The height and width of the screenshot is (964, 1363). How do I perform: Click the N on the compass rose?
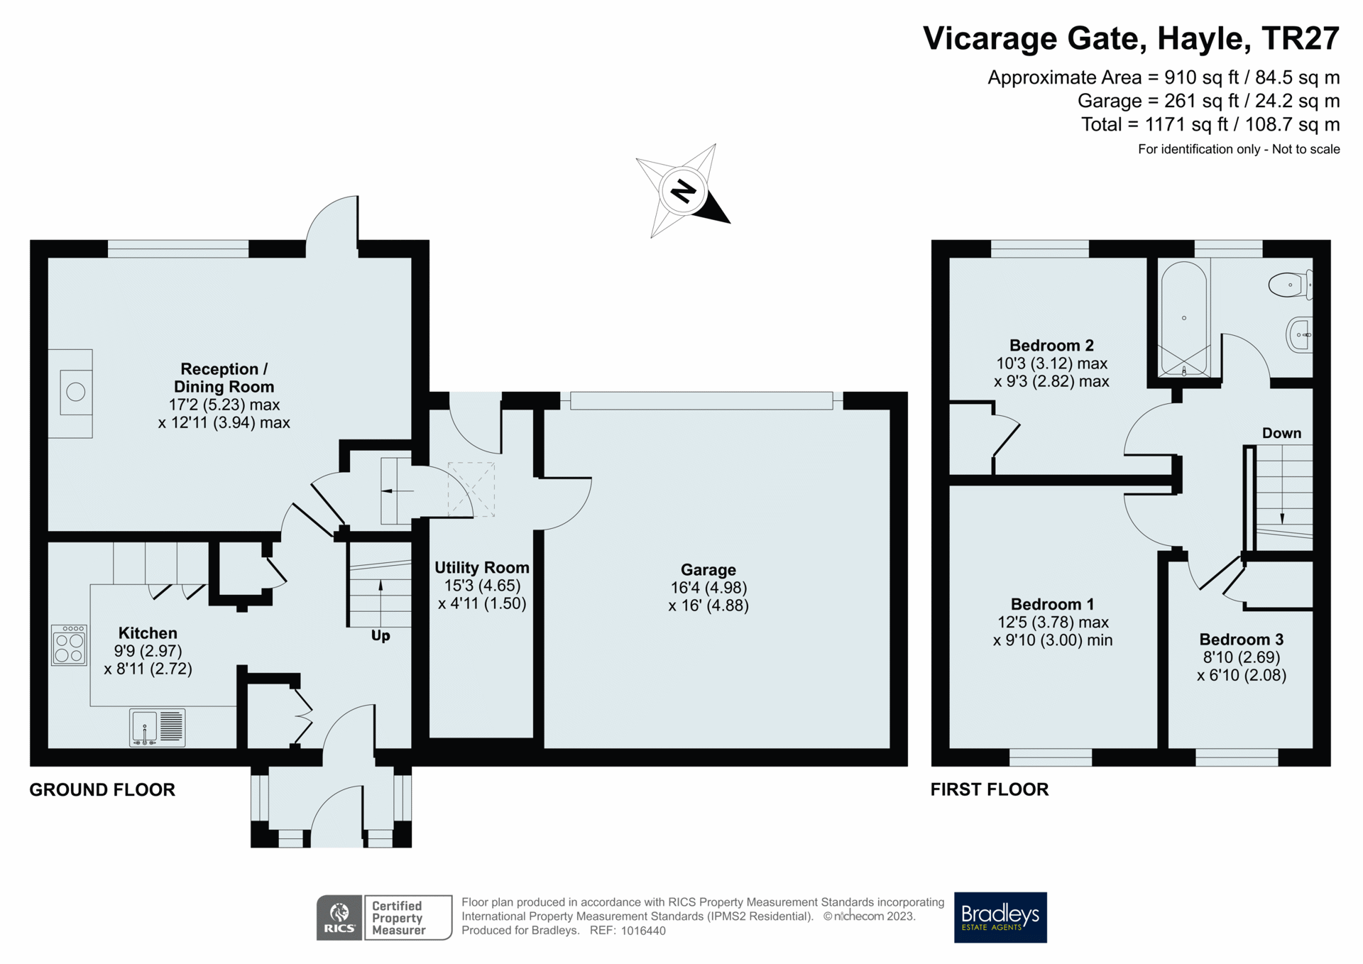tap(683, 191)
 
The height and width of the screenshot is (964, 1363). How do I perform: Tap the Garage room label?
tap(708, 569)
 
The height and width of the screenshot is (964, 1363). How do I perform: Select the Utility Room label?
tap(481, 567)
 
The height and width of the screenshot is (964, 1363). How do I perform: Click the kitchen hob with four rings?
tap(69, 645)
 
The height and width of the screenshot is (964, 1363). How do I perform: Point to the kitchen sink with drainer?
tap(157, 727)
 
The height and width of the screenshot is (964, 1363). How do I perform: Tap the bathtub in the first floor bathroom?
tap(1183, 318)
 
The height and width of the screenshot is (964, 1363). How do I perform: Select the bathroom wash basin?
tap(1300, 334)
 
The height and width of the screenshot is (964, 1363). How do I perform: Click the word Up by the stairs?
tap(381, 635)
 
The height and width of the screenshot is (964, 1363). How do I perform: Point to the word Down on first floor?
tap(1281, 433)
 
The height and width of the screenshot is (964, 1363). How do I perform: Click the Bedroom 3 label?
tap(1241, 639)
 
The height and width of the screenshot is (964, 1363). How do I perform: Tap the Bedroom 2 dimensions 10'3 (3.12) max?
tap(1051, 363)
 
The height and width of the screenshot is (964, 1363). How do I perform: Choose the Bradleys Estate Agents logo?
tap(1000, 917)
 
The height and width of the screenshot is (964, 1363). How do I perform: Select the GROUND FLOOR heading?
tap(102, 789)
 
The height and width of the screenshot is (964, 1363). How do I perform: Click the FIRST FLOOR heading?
tap(989, 789)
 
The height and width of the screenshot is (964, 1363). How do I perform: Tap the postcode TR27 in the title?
tap(1300, 38)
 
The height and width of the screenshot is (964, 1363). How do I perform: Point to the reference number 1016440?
tap(643, 931)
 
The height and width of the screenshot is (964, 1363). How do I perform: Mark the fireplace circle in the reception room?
tap(75, 392)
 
